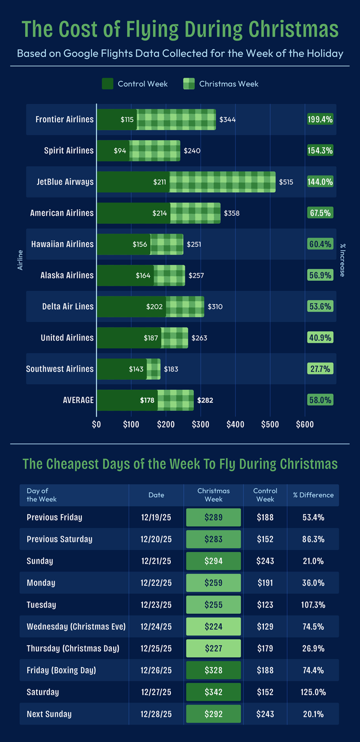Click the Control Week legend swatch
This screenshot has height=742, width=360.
pyautogui.click(x=107, y=84)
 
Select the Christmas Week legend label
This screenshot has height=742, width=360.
pyautogui.click(x=228, y=84)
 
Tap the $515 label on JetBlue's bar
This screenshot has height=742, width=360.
pyautogui.click(x=286, y=182)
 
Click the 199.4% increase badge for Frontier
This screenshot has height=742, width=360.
pyautogui.click(x=320, y=119)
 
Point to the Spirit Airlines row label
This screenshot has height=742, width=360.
pyautogui.click(x=69, y=151)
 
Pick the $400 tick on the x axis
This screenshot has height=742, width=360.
pyautogui.click(x=235, y=425)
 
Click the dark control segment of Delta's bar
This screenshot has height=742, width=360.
pyautogui.click(x=131, y=306)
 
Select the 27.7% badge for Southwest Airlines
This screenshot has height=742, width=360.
pyautogui.click(x=320, y=369)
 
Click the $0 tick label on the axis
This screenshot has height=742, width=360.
pyautogui.click(x=96, y=425)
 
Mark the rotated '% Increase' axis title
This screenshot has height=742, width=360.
pyautogui.click(x=342, y=260)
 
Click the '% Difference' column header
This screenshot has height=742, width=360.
pyautogui.click(x=313, y=495)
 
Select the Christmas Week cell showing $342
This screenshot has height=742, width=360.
pyautogui.click(x=213, y=692)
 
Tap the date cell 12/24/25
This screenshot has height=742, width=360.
pyautogui.click(x=156, y=626)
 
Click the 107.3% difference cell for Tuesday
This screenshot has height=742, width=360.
pyautogui.click(x=313, y=605)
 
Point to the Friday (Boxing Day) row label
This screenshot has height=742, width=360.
pyautogui.click(x=61, y=670)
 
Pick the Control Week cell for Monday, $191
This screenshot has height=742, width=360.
pyautogui.click(x=265, y=583)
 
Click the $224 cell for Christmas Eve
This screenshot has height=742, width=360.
pyautogui.click(x=213, y=626)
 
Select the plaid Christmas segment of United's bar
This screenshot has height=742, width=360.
pyautogui.click(x=174, y=338)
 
